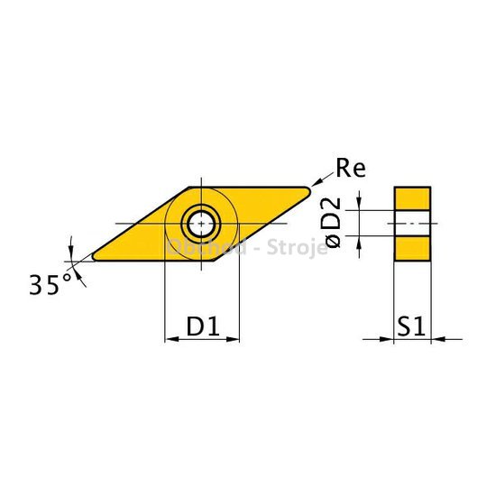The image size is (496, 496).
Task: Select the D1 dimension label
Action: (202, 325)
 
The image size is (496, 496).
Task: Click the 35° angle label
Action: (47, 286)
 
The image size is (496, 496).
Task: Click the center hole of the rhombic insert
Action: (197, 222)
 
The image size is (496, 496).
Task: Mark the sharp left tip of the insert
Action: (95, 256)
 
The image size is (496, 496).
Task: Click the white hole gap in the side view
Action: (412, 223)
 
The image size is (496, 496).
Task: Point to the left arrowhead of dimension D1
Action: (169, 340)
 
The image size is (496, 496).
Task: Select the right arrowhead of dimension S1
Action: (436, 340)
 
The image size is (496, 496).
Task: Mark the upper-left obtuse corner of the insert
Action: (194, 187)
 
